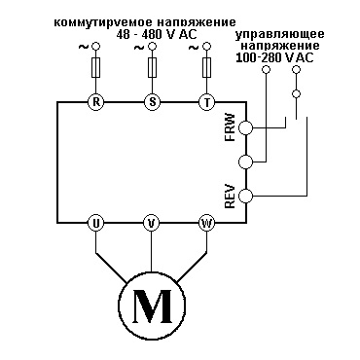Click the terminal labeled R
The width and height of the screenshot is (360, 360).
(95, 102)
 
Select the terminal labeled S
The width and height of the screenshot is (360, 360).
(152, 102)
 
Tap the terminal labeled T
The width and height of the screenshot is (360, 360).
(206, 102)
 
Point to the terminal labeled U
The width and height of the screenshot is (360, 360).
(95, 223)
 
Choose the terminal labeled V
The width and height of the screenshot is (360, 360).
(151, 223)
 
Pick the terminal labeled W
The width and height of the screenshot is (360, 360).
(206, 223)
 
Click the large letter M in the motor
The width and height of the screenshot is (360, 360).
(152, 306)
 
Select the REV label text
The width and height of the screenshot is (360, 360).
(230, 196)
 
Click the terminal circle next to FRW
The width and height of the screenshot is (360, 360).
(245, 127)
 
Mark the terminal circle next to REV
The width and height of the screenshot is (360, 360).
(245, 196)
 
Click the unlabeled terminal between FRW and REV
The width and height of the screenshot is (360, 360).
(245, 162)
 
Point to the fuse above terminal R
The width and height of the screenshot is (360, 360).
(95, 67)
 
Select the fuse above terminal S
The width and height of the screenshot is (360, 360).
(152, 67)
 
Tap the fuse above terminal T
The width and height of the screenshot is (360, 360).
(206, 67)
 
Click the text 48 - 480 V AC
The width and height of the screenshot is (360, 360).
(157, 34)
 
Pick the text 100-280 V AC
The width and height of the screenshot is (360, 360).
(274, 57)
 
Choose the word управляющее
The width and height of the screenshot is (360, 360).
(280, 35)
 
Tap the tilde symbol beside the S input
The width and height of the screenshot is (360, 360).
(139, 48)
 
